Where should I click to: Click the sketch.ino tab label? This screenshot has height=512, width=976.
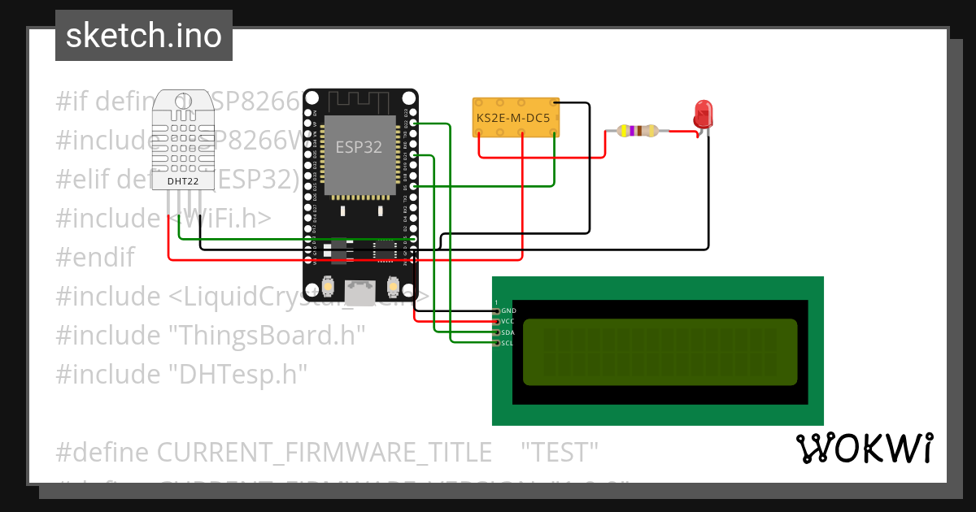coord(143,36)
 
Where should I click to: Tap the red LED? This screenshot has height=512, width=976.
coord(703,113)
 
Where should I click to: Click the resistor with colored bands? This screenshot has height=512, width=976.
coord(637,130)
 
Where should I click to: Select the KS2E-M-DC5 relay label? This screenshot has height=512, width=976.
coord(512,117)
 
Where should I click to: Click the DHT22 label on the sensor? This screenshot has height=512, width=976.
coord(183,180)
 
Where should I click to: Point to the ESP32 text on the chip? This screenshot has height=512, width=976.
coord(359,147)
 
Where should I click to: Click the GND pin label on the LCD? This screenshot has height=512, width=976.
coord(508,310)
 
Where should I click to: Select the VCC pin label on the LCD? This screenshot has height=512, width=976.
coord(508,321)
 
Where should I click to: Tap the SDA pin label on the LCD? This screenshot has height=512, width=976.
coord(508,332)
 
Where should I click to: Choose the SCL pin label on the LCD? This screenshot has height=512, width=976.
coord(508,343)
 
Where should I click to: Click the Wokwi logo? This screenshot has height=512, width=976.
coord(864,448)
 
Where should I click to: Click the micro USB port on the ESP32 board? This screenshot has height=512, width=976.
coord(359,290)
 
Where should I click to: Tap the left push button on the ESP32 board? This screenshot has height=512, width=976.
coord(329,286)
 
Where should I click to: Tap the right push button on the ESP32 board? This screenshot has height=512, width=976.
coord(393,286)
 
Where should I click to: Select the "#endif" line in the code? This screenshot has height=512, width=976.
coord(94,257)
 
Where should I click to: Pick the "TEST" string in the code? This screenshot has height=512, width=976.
coord(560,452)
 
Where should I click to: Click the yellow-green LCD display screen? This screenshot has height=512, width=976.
coord(660,352)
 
